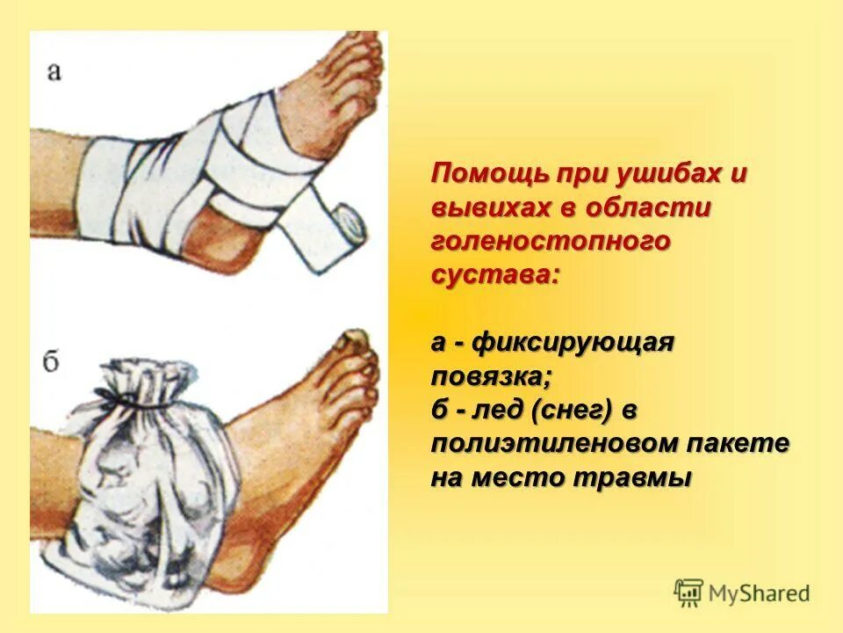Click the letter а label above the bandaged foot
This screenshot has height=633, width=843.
point(54,72)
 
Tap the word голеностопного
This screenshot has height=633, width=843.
point(551,241)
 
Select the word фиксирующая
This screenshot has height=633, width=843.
point(573,342)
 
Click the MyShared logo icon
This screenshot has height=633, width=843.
point(688,592)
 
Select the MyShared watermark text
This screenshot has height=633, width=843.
point(760,593)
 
